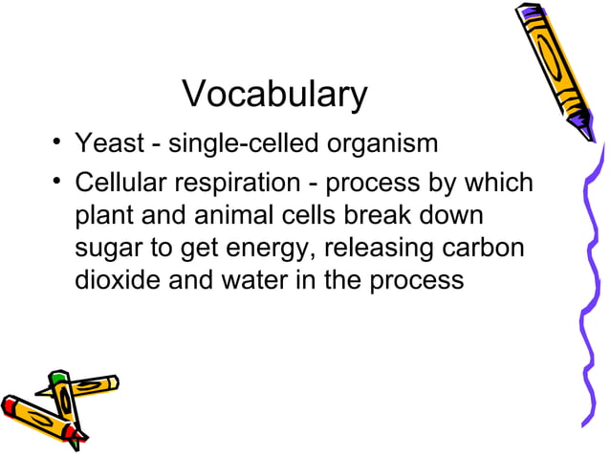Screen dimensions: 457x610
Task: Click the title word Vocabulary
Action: [274, 95]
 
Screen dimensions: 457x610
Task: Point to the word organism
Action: [382, 145]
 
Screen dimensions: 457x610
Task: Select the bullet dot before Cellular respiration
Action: [59, 180]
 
